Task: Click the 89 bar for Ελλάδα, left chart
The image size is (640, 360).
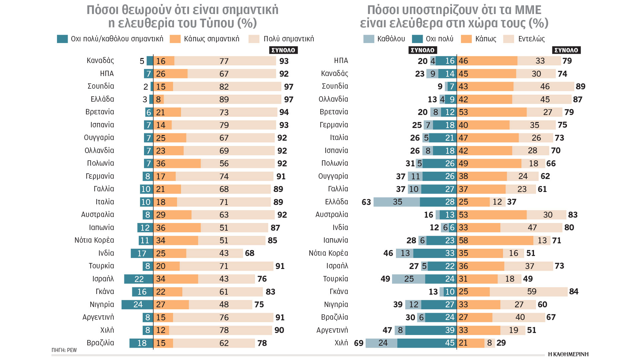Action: (x=223, y=99)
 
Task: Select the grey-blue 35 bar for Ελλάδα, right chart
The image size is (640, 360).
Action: (x=397, y=202)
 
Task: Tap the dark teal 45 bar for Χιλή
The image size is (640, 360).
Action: (x=427, y=343)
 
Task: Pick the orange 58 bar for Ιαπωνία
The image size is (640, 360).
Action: (x=495, y=240)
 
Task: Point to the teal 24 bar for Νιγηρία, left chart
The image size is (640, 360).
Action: (x=137, y=305)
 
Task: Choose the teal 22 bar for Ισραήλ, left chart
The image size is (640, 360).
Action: (x=139, y=279)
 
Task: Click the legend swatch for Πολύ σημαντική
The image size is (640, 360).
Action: (x=254, y=39)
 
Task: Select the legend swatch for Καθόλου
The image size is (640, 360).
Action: (x=369, y=39)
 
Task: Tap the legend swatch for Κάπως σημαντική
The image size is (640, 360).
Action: (x=175, y=39)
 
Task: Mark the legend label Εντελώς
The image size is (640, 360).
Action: (x=531, y=39)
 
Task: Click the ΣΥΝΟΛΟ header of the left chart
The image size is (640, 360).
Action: (x=283, y=50)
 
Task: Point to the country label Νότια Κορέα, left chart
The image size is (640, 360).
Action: (x=94, y=240)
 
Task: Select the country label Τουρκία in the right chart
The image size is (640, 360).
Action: (x=335, y=279)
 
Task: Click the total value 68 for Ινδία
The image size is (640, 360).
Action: (x=250, y=253)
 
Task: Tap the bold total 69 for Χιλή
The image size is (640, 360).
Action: (x=359, y=343)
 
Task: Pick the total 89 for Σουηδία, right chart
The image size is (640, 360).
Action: (x=580, y=87)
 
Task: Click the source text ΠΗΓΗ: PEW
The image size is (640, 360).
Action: (x=64, y=350)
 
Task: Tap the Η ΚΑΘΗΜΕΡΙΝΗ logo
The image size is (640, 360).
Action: (x=568, y=354)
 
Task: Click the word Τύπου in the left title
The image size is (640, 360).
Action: (x=217, y=23)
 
